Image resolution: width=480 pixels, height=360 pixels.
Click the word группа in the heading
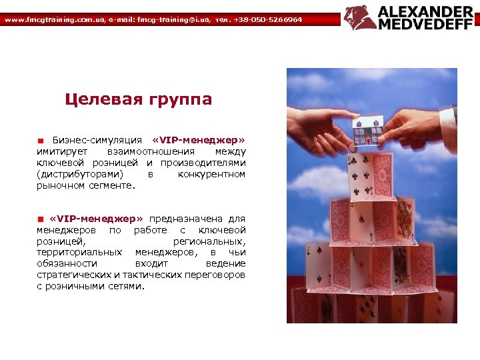(181, 100)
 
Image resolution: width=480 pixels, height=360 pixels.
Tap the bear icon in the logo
(360, 18)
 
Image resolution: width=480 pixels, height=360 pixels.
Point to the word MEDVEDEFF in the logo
(425, 25)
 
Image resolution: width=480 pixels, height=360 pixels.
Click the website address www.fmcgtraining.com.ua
(54, 20)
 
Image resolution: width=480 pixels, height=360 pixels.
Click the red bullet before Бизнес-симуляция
(40, 141)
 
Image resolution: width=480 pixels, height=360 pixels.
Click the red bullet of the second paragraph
(40, 219)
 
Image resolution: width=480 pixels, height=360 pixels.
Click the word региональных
(209, 241)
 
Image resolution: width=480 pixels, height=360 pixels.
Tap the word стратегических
(73, 275)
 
